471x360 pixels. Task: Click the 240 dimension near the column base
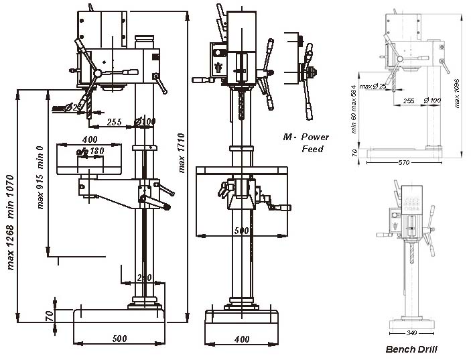(145, 277)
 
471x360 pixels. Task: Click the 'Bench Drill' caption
(411, 349)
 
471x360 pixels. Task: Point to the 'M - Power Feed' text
(303, 142)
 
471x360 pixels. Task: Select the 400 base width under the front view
(242, 339)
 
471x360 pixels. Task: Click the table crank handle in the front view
(281, 208)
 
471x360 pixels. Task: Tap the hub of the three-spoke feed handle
(98, 73)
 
